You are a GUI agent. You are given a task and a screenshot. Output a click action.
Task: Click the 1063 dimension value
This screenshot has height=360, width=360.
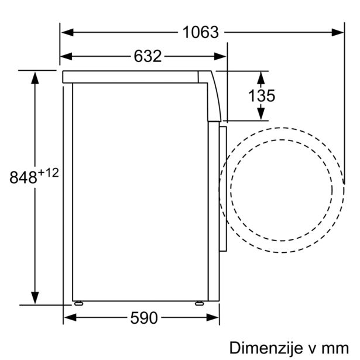(200, 33)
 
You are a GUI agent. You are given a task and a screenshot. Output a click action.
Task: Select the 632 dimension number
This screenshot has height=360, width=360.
(147, 56)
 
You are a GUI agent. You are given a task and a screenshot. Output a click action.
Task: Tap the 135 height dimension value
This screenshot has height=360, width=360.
(260, 95)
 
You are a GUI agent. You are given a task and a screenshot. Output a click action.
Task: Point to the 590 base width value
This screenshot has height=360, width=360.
(143, 318)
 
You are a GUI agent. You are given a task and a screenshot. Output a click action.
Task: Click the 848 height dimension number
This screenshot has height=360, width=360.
(24, 177)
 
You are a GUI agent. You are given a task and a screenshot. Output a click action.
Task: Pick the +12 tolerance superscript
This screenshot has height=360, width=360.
(50, 173)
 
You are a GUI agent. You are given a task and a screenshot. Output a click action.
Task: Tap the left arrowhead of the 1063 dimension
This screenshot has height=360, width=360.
(66, 33)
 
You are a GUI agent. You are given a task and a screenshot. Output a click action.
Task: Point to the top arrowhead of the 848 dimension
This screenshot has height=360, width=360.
(35, 76)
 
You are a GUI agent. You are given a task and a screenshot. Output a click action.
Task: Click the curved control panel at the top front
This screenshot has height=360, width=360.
(214, 94)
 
